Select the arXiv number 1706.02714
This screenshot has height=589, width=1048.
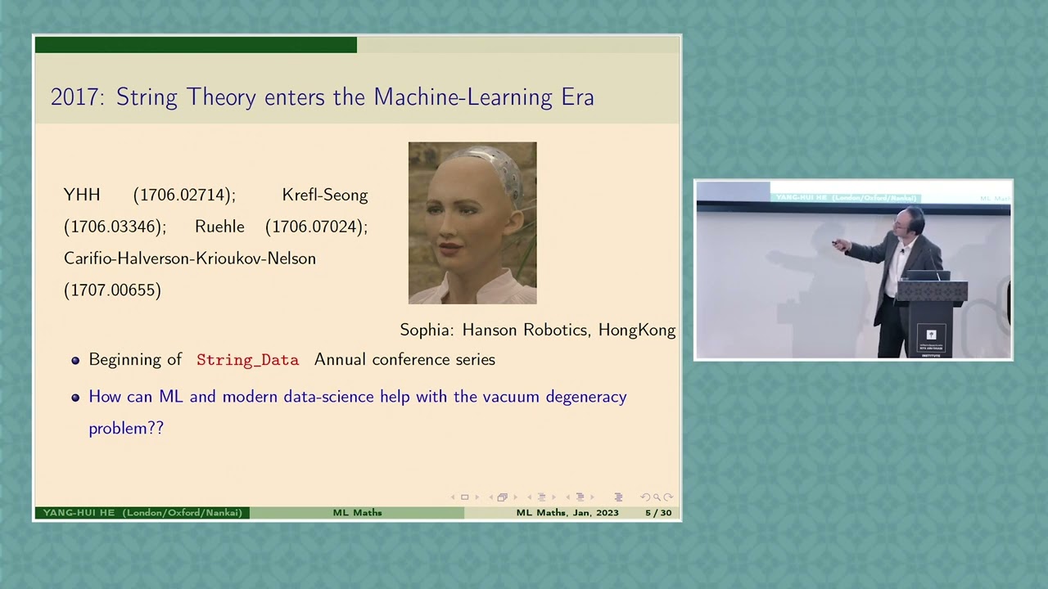tap(184, 196)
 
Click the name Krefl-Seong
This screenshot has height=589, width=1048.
tap(324, 196)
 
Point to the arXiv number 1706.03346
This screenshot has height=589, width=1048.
tap(115, 227)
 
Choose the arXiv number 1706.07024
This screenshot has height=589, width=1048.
tap(316, 227)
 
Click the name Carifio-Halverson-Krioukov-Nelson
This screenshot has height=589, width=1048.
tap(189, 259)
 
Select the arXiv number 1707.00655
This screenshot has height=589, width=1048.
tap(112, 290)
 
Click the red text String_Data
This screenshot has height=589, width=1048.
tap(247, 361)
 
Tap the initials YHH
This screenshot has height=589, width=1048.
tap(82, 196)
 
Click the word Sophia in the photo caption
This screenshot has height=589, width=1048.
tap(427, 330)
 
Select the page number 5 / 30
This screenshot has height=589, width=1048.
tap(657, 513)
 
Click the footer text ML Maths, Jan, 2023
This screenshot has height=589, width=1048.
tap(567, 513)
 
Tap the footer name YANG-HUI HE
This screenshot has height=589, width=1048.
tap(79, 513)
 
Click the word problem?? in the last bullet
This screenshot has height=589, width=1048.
tap(126, 429)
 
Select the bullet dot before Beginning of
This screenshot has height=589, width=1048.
tap(75, 361)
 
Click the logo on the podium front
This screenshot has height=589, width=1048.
tap(931, 335)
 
